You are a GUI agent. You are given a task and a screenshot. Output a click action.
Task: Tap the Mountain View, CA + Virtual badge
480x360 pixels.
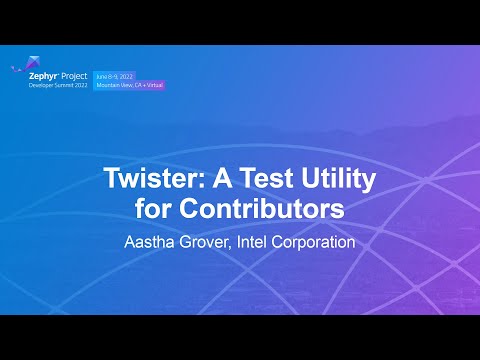click(131, 85)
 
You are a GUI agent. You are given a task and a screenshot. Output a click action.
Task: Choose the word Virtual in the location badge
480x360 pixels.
click(155, 85)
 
